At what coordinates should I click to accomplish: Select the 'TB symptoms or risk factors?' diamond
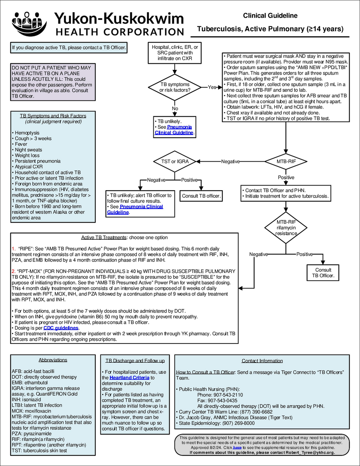[175, 87]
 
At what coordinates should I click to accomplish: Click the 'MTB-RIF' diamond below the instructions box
[286, 161]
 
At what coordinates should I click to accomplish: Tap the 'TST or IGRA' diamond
[175, 161]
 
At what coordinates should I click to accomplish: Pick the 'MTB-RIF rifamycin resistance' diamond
[286, 228]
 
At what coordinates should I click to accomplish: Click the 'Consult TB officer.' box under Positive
[201, 196]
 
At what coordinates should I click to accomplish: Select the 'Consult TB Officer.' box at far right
[323, 273]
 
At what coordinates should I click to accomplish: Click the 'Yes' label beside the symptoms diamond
[212, 87]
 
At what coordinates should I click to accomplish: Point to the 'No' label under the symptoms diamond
[175, 108]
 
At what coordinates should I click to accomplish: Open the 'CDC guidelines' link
[61, 328]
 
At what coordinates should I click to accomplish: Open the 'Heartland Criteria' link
[129, 377]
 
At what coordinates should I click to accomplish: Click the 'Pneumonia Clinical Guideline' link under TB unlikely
[174, 130]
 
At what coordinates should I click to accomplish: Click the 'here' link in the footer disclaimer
[237, 447]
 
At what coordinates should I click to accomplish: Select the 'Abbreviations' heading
[53, 360]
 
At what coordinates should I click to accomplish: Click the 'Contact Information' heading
[262, 360]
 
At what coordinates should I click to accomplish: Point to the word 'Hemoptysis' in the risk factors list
[27, 133]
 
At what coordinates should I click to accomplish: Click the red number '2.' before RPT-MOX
[13, 271]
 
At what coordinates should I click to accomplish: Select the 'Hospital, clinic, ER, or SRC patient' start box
[175, 53]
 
